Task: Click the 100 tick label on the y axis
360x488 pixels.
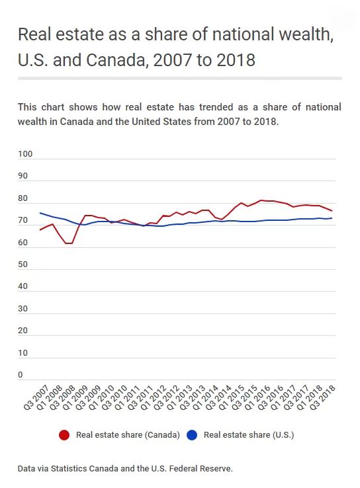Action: (x=25, y=154)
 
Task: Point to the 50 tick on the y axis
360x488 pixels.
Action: (x=22, y=264)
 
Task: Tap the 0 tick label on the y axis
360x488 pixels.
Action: (x=21, y=375)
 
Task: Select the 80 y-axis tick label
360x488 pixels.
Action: (x=22, y=198)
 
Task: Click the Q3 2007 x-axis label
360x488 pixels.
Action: (x=36, y=398)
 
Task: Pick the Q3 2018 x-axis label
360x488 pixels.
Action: (x=322, y=398)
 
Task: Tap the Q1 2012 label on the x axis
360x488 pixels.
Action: (x=154, y=398)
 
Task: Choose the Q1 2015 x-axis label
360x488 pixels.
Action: (x=232, y=398)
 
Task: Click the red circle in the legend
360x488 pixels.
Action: (x=64, y=435)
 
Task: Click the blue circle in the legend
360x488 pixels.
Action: (x=192, y=435)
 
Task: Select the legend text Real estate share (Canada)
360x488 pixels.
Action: (x=128, y=435)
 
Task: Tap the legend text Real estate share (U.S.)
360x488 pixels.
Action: (x=249, y=435)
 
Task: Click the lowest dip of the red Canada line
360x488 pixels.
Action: (x=69, y=243)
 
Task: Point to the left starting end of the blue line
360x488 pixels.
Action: (x=40, y=213)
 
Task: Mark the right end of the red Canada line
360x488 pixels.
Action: (x=332, y=211)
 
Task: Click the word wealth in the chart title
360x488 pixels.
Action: (x=306, y=34)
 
